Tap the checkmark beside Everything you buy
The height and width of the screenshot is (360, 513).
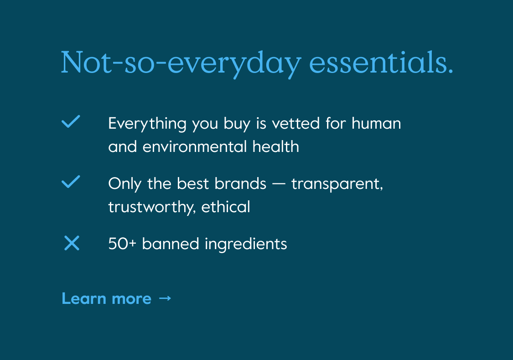[x=71, y=122]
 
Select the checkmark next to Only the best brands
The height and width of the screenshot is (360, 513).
[x=71, y=182]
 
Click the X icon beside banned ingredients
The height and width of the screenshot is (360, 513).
[x=72, y=243]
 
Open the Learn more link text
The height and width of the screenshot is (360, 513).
[x=106, y=298]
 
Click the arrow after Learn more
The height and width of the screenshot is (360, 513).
[x=165, y=298]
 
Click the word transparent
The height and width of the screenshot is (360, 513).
[x=337, y=184]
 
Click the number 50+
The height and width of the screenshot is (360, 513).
[x=122, y=244]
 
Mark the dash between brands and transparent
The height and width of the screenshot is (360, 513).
[x=279, y=184]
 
